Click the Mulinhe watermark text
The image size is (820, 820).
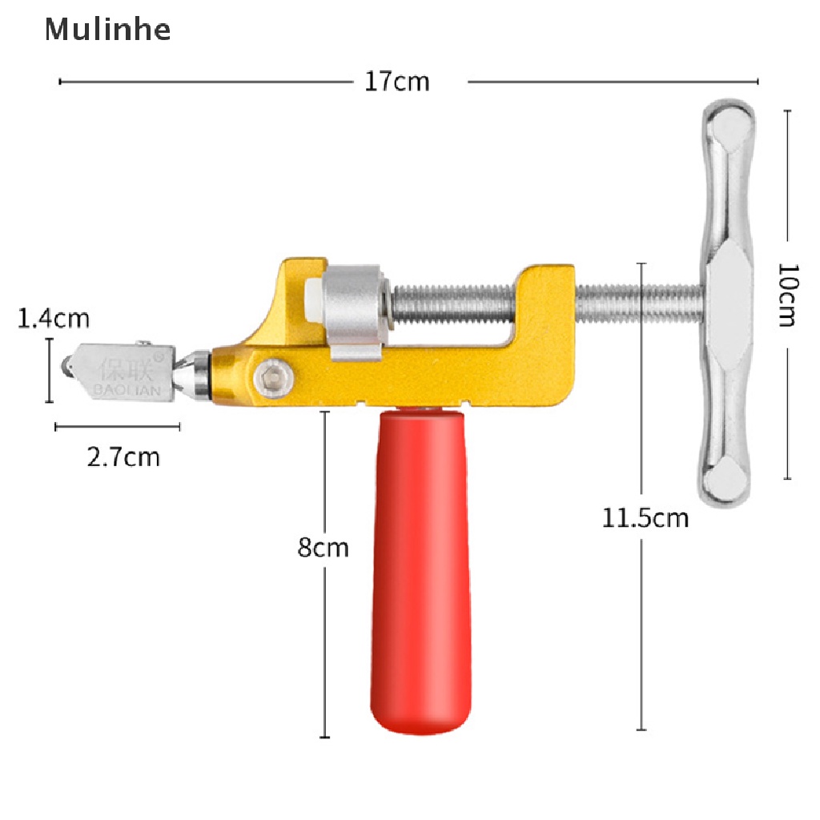(107, 30)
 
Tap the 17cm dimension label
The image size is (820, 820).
(397, 81)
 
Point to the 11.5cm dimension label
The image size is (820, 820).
(645, 518)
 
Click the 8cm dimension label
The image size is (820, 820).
(324, 548)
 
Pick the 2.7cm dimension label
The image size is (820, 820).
(123, 457)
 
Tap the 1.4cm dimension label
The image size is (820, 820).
(54, 319)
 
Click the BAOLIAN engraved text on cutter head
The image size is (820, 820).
(128, 389)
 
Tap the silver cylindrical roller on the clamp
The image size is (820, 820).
(355, 309)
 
